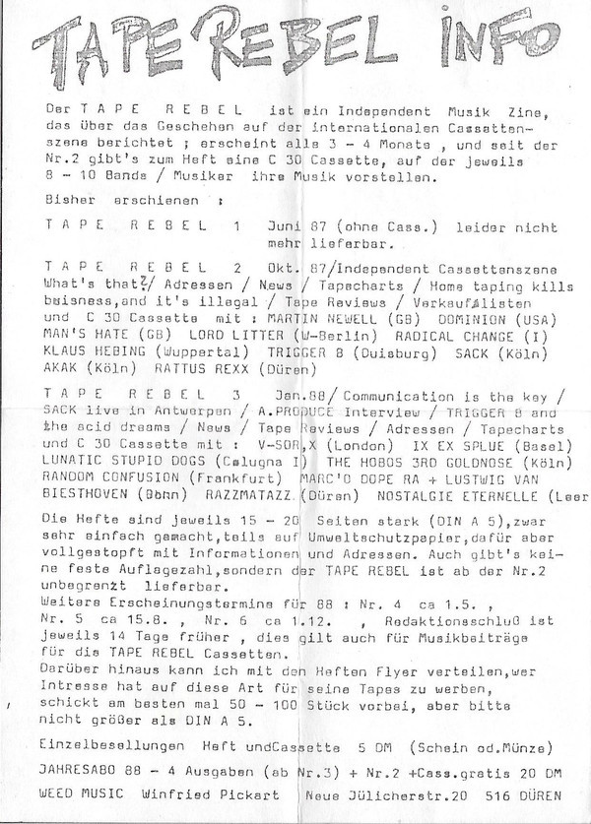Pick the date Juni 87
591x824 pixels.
(293, 224)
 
